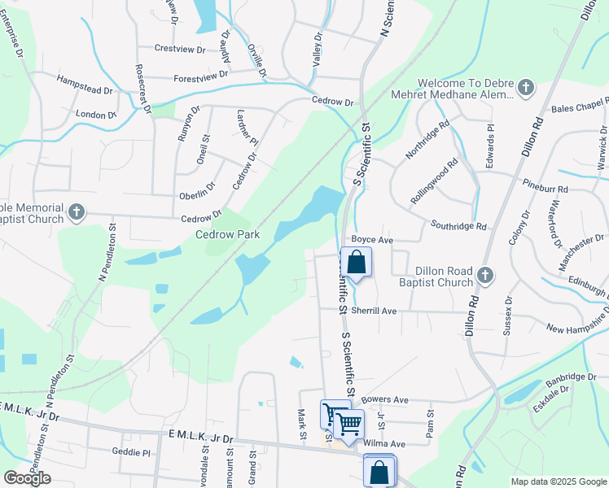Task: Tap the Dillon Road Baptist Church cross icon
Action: pos(486,276)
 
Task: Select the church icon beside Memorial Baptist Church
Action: pos(77,213)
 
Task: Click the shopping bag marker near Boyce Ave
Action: pos(357,263)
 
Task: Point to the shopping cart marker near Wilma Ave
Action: pos(348,423)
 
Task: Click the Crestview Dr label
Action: pos(180,50)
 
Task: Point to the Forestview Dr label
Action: pos(201,76)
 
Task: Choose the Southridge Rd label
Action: pos(458,226)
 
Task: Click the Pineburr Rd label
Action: pos(545,188)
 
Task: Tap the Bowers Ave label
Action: pos(384,400)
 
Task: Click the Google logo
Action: pos(27,478)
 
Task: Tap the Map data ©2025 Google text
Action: pos(558,481)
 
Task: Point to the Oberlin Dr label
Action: pos(197,196)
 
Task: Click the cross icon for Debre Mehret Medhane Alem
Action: pos(526,88)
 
